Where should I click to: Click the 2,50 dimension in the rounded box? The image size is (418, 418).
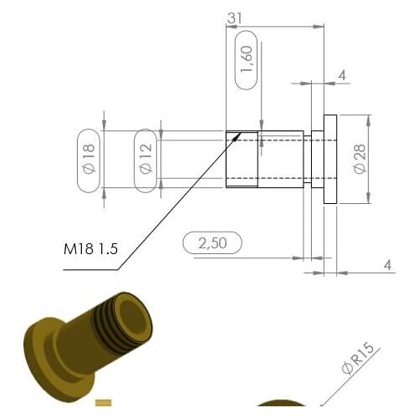click(x=212, y=243)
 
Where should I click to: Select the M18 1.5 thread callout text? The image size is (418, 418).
click(x=90, y=249)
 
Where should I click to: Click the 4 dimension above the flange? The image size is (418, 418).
click(x=341, y=76)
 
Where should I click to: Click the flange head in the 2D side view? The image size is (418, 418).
click(x=329, y=159)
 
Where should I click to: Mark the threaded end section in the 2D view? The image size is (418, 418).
click(x=242, y=159)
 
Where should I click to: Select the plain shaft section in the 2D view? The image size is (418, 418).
click(x=280, y=159)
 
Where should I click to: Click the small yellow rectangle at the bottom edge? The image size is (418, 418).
click(x=103, y=409)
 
